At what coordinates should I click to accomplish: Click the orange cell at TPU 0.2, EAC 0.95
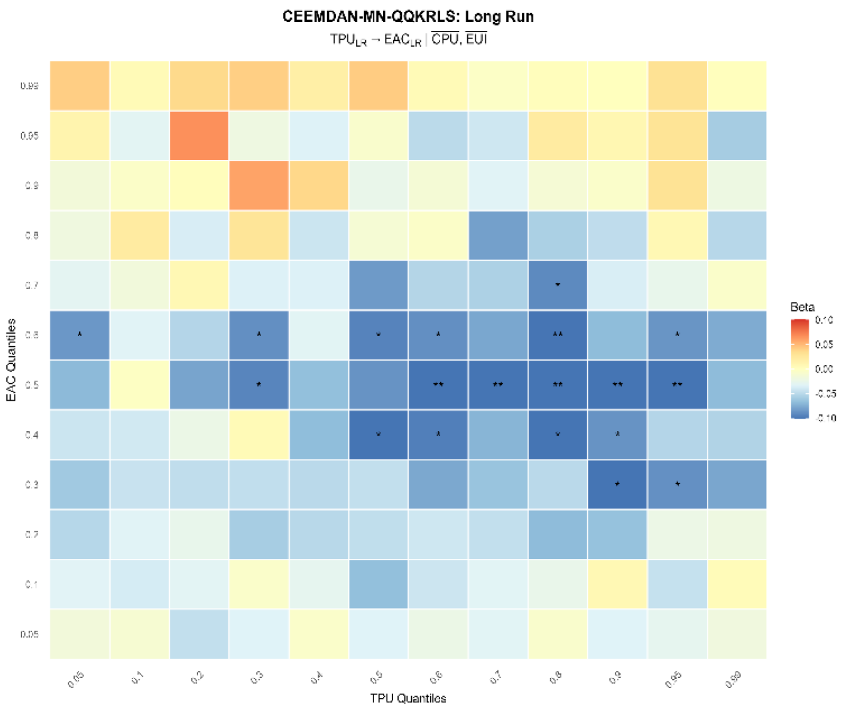[199, 136]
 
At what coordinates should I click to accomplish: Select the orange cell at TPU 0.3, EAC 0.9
[258, 186]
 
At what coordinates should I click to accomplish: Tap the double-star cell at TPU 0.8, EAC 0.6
[557, 335]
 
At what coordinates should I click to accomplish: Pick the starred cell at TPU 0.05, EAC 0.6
[80, 335]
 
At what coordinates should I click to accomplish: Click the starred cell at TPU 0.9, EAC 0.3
[617, 484]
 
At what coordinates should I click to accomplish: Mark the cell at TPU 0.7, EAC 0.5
[497, 385]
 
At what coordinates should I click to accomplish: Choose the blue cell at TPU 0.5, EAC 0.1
[378, 584]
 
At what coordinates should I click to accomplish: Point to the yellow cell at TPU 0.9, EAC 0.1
[617, 584]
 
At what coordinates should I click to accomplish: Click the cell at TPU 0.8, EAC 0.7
[557, 285]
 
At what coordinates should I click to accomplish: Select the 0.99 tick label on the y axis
[30, 86]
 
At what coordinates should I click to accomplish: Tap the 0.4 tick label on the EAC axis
[31, 435]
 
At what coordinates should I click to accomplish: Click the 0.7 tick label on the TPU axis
[496, 678]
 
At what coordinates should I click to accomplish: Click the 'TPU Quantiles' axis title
[408, 698]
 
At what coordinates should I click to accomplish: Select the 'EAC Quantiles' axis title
[11, 359]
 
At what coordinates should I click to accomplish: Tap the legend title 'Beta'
[802, 307]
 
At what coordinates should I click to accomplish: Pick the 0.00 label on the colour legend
[824, 369]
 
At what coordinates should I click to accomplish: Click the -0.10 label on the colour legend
[825, 418]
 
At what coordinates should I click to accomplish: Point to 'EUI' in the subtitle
[477, 39]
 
